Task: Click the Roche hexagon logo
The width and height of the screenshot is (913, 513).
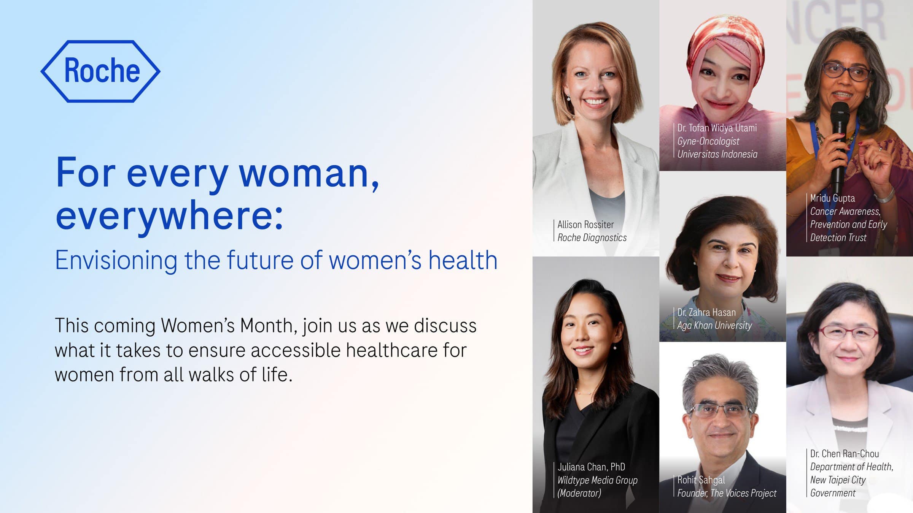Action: pos(100,71)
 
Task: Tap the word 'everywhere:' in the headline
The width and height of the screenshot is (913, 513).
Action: pos(170,215)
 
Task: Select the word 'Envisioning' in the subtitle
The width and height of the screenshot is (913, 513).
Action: pos(116,261)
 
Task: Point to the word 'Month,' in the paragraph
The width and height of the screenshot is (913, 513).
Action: pos(269,326)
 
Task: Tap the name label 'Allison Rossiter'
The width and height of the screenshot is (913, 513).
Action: pos(585,225)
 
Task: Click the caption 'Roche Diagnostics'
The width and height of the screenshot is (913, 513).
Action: pos(592,238)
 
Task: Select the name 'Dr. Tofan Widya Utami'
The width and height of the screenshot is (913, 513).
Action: pos(717,128)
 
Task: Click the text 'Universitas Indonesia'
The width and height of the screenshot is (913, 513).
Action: pos(717,154)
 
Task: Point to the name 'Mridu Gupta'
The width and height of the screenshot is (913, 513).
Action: pos(832,198)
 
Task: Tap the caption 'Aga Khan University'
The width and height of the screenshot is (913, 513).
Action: pos(714,326)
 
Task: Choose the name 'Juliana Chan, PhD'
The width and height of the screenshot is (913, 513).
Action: pos(591,467)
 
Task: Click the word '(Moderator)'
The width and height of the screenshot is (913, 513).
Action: pos(579,493)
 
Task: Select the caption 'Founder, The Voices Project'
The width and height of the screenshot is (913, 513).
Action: pos(727,493)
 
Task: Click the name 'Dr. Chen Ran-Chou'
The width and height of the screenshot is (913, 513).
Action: pos(844,454)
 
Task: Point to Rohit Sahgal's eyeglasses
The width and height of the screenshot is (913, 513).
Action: pos(719,410)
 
